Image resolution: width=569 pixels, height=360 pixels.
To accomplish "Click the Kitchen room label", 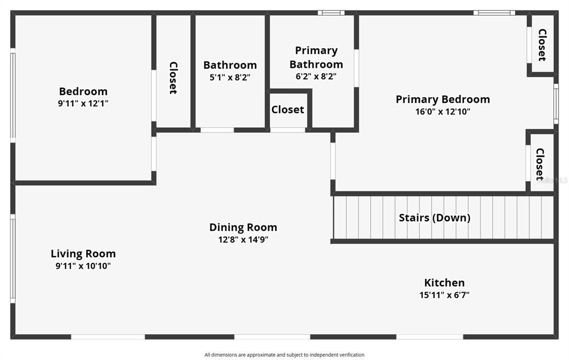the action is click(444, 283).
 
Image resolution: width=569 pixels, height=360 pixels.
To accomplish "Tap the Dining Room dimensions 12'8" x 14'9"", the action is click(243, 239).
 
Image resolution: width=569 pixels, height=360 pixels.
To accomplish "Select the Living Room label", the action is click(83, 254).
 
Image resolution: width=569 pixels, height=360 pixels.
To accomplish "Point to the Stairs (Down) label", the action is click(435, 218).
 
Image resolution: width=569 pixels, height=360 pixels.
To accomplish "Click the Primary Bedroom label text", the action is click(443, 99).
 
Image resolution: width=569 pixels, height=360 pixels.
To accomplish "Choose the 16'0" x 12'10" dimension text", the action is click(443, 112).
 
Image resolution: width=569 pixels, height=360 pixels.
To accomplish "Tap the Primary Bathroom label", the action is click(316, 57).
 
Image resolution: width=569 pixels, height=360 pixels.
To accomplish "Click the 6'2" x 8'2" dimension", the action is click(316, 76).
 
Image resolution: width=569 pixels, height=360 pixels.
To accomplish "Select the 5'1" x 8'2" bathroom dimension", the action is click(230, 77).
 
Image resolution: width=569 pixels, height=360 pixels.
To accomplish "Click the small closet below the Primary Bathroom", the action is click(288, 109).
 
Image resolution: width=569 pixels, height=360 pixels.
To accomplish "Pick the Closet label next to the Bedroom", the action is click(173, 78).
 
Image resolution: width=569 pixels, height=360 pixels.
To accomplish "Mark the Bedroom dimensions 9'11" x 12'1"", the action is click(83, 103).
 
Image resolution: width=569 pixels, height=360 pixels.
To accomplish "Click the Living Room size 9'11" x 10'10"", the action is click(83, 266).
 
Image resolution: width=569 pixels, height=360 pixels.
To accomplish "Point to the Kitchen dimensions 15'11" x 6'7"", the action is click(444, 295).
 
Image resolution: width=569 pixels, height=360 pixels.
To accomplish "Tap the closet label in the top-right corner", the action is click(542, 45).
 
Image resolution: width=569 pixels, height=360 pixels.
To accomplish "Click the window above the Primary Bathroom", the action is click(331, 13).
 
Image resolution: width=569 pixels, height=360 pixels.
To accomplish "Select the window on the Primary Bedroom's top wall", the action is click(494, 13).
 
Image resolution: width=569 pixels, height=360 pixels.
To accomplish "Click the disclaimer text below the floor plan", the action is click(284, 355).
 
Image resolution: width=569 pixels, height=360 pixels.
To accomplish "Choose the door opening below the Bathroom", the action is click(217, 130).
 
